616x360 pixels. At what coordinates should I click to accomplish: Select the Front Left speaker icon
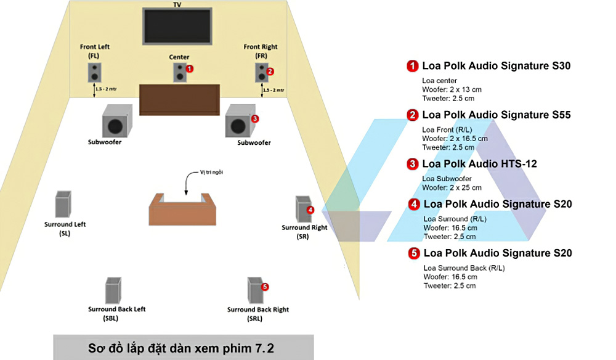tap(95, 73)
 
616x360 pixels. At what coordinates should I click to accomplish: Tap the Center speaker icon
tap(179, 73)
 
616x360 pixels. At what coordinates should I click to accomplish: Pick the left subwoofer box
tap(116, 121)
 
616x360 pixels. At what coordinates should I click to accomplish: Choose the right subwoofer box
tap(238, 121)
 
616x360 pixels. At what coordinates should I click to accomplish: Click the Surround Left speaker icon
tap(63, 204)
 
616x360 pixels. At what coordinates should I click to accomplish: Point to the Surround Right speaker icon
tap(303, 210)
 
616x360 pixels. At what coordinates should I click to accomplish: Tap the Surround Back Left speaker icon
tap(113, 290)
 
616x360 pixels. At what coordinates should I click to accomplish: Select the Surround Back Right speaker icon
tap(255, 290)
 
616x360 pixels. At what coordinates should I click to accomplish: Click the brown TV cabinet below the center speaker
tap(179, 99)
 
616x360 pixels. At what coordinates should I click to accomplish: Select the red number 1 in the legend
tap(412, 65)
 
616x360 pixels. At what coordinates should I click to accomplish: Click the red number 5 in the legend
tap(414, 253)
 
